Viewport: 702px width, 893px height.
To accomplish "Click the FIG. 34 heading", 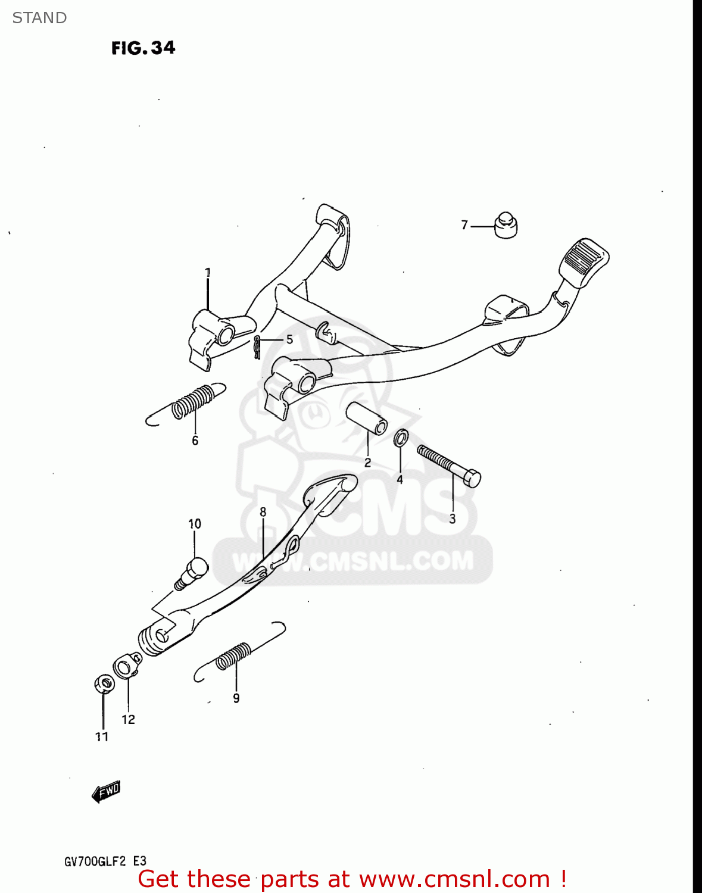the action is [x=143, y=48].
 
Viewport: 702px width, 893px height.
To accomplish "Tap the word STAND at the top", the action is [x=39, y=18].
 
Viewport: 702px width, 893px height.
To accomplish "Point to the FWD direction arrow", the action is [x=107, y=791].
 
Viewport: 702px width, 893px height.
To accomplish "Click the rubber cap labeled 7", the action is [x=506, y=225].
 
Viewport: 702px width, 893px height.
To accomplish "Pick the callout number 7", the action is [x=464, y=225].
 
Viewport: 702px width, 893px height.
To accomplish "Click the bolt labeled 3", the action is [x=449, y=466].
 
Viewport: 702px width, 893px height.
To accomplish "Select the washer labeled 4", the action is [x=401, y=438].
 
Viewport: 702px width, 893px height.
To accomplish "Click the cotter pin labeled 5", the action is [x=257, y=347].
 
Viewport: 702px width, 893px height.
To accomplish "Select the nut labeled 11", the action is [x=104, y=683].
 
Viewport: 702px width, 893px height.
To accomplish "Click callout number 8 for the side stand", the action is [x=263, y=512].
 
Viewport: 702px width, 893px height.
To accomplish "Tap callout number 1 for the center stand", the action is [x=208, y=273].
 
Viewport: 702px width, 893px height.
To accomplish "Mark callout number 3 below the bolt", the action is [x=453, y=519].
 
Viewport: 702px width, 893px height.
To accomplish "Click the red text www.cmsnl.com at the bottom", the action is [x=454, y=879].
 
